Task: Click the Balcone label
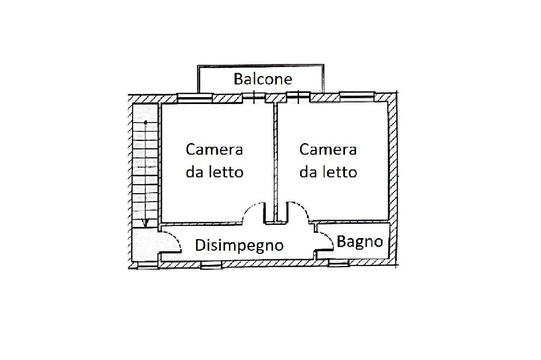[x=263, y=79]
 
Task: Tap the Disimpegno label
[x=239, y=245]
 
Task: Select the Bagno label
[x=359, y=242]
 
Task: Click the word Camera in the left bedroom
[x=214, y=150]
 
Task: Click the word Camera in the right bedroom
[x=328, y=150]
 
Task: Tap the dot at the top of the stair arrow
[x=146, y=122]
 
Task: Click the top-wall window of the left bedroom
[x=194, y=98]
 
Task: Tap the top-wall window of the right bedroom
[x=357, y=97]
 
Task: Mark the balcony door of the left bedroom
[x=254, y=98]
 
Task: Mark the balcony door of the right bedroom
[x=299, y=97]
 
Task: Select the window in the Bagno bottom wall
[x=339, y=263]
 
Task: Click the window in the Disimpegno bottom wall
[x=211, y=264]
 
